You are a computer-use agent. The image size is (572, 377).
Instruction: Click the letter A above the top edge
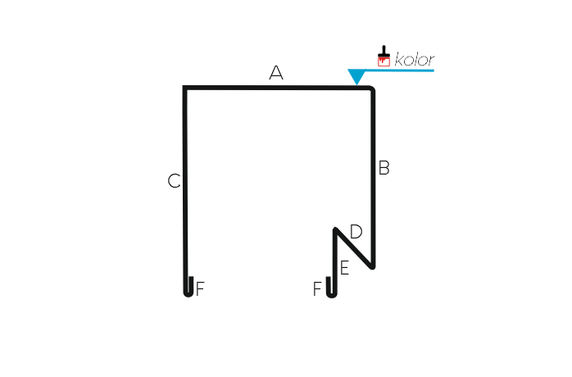pyautogui.click(x=276, y=73)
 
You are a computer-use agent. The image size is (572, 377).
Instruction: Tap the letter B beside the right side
pyautogui.click(x=384, y=168)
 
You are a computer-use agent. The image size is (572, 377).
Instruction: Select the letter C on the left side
pyautogui.click(x=174, y=180)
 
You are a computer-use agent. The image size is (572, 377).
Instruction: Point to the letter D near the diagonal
pyautogui.click(x=356, y=232)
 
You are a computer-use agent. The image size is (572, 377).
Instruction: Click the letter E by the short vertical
pyautogui.click(x=345, y=268)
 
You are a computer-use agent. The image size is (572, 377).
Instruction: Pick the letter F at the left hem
pyautogui.click(x=200, y=289)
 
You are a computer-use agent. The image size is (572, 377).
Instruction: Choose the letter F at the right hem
pyautogui.click(x=317, y=289)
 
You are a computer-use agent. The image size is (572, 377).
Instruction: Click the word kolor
pyautogui.click(x=415, y=60)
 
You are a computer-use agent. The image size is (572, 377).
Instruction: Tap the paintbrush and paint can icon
pyautogui.click(x=384, y=56)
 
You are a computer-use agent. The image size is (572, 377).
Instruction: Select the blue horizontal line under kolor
pyautogui.click(x=399, y=70)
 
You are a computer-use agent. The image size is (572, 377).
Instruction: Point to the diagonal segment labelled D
pyautogui.click(x=354, y=248)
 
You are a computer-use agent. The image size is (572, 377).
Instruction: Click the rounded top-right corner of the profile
pyautogui.click(x=372, y=89)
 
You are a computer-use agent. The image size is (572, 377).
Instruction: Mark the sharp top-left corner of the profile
pyautogui.click(x=184, y=87)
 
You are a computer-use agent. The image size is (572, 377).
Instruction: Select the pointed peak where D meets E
pyautogui.click(x=335, y=229)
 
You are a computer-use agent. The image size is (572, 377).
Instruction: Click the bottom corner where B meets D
pyautogui.click(x=373, y=267)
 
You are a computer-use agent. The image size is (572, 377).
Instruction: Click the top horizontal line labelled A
pyautogui.click(x=277, y=88)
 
